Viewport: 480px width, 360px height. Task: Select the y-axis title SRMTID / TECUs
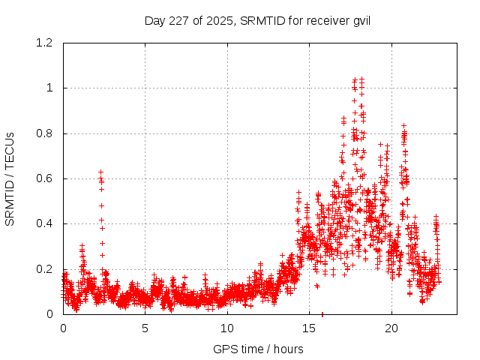10,178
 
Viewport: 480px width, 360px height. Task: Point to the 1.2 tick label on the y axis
47,43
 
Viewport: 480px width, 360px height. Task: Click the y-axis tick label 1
52,88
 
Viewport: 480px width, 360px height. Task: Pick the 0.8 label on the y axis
47,133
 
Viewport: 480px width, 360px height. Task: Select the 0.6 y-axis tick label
47,178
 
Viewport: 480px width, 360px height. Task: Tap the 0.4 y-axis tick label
47,223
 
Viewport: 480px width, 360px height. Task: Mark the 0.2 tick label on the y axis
47,268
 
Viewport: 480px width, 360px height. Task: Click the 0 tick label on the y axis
52,313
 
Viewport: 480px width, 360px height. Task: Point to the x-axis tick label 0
63,328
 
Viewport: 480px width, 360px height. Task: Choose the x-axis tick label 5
145,328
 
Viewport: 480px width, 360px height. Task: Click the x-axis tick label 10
226,328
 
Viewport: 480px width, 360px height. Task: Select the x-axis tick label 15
308,328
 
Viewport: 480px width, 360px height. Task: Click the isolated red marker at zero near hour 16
322,313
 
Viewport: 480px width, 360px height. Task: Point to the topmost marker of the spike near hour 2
100,172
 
